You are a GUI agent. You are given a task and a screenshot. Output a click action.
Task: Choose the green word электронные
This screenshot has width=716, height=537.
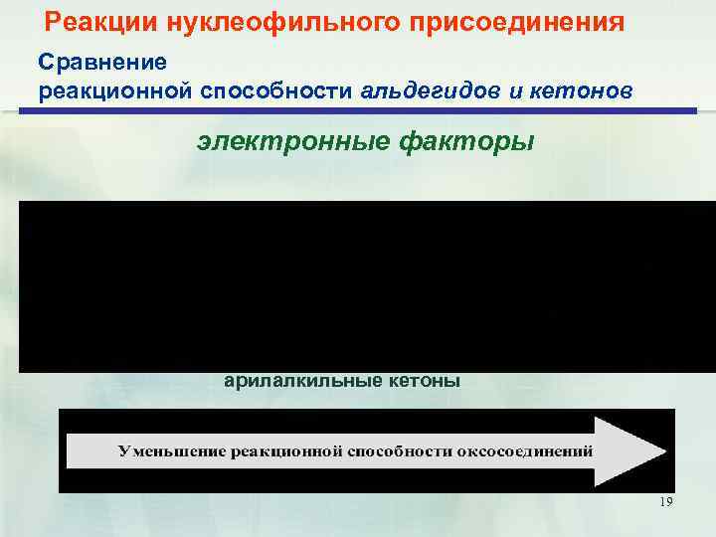pos(296,142)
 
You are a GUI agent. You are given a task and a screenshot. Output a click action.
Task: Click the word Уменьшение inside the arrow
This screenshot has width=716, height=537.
pos(170,450)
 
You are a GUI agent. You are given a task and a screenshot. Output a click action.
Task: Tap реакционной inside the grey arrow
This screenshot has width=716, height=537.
pos(286,450)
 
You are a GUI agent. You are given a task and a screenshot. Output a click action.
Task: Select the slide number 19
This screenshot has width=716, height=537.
pos(665,502)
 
